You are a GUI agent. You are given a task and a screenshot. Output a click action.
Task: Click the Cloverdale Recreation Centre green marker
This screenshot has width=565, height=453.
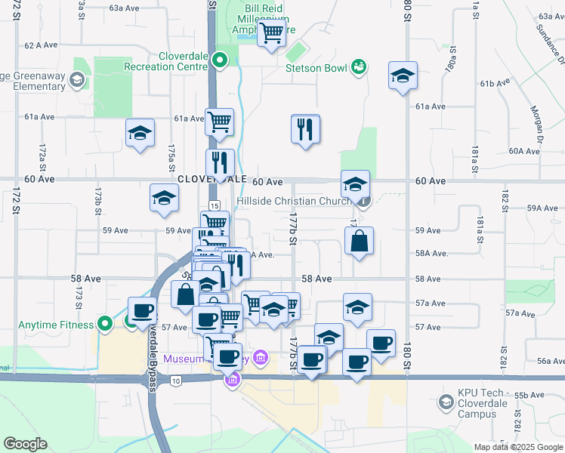[219, 60]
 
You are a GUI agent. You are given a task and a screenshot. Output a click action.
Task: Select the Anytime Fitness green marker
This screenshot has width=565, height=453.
[106, 325]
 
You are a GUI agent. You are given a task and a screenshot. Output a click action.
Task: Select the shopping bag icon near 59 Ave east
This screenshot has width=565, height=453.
[360, 242]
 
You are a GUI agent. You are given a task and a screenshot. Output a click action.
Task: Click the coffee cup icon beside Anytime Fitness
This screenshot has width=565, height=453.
[142, 310]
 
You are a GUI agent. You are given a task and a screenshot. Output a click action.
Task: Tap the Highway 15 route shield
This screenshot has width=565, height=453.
[215, 205]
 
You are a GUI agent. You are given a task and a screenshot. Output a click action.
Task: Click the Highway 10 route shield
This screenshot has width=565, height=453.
[176, 380]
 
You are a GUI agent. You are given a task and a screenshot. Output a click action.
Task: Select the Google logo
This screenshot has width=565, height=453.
[24, 444]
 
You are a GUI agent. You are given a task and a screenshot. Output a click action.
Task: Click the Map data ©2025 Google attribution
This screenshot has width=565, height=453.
[517, 447]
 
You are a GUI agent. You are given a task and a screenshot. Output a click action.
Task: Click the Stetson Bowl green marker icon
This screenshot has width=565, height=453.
[359, 68]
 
